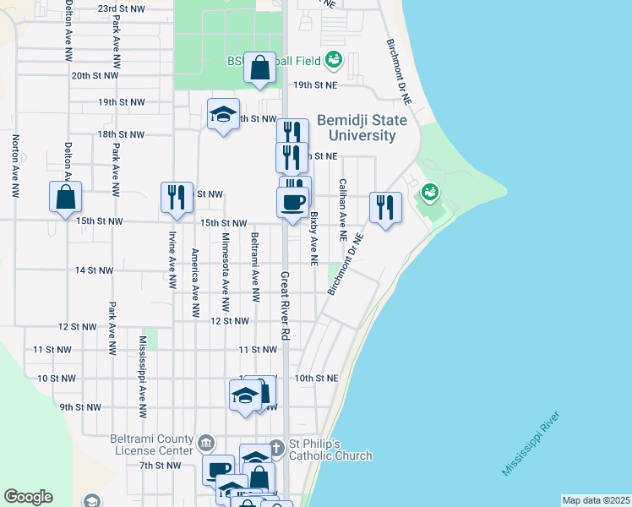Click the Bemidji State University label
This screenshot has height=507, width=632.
362,128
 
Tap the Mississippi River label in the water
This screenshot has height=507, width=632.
531,445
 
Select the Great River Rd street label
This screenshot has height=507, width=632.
285,305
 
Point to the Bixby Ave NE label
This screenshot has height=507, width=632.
313,239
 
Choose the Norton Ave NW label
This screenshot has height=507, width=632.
14,166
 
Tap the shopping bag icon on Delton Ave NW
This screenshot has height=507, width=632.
66,199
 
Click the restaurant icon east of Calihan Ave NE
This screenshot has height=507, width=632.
385,207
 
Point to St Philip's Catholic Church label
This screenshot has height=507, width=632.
331,450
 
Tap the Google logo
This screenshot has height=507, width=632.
28,497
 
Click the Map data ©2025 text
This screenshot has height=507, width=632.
596,500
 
